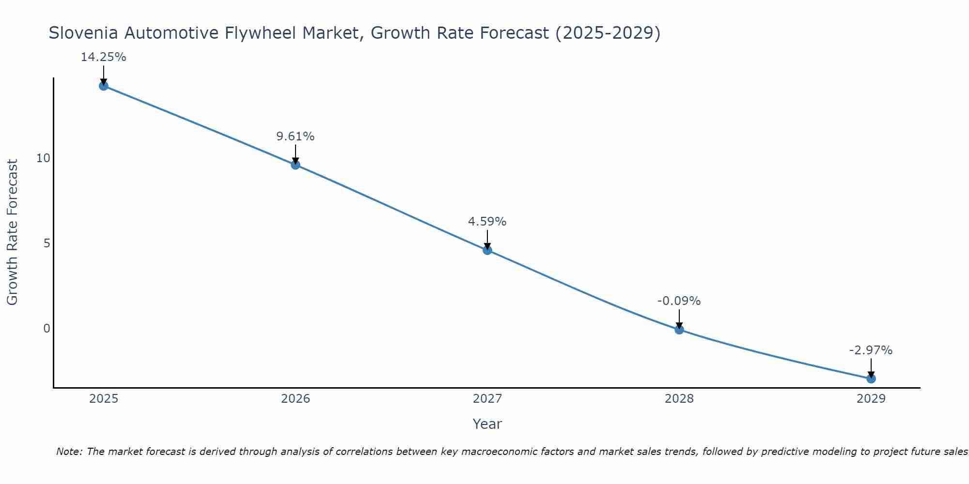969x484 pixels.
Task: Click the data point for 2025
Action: (104, 86)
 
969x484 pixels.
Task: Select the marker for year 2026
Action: (296, 165)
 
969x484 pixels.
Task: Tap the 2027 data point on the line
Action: (487, 250)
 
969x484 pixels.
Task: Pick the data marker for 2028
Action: (679, 330)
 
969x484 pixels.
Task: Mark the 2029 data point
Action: (871, 378)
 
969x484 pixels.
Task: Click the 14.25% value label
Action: (104, 57)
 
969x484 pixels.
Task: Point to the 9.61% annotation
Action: (296, 136)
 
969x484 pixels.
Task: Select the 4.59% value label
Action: (487, 222)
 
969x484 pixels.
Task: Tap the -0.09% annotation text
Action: (679, 301)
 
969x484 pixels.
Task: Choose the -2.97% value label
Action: (871, 350)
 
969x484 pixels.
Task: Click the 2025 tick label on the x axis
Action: (104, 399)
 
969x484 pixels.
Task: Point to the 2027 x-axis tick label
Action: (487, 399)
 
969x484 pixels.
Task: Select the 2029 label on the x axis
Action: (871, 399)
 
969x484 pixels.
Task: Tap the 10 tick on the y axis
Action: (43, 158)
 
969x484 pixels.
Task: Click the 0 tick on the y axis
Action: (47, 329)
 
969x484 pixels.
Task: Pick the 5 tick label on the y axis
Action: (47, 243)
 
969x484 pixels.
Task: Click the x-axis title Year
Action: (487, 424)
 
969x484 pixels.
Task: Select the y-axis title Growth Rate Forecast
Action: (13, 232)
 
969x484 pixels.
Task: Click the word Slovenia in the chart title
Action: (84, 33)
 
